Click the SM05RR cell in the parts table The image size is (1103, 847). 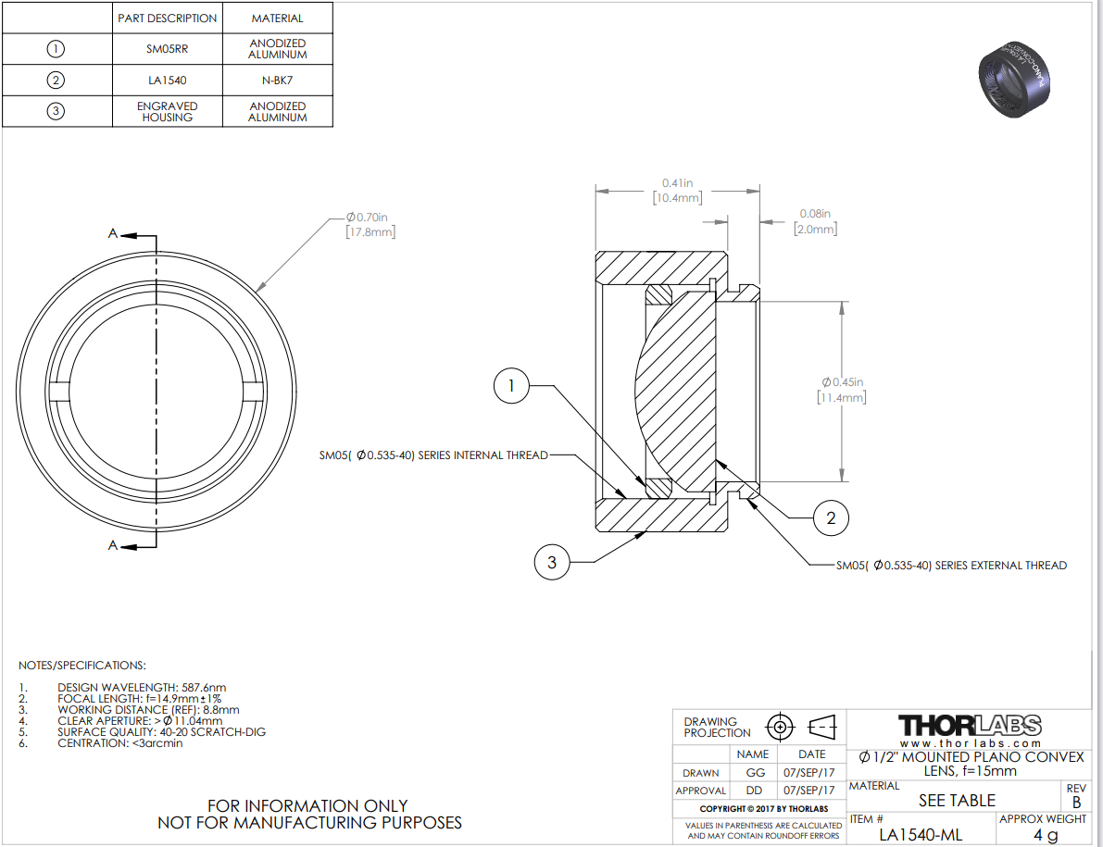pos(168,49)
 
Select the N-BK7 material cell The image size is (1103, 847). pos(277,81)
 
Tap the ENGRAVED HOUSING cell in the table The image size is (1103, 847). pos(168,112)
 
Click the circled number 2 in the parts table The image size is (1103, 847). pos(56,81)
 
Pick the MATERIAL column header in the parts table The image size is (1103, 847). pos(277,19)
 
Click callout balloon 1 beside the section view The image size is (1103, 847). pos(511,385)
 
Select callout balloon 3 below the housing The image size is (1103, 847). pos(552,562)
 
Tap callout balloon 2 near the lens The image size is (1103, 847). pos(831,518)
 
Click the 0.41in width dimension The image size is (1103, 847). pos(677,191)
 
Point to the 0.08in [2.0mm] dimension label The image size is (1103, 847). pos(815,221)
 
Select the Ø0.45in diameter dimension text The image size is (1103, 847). pos(842,390)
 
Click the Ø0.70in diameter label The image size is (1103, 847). pos(370,224)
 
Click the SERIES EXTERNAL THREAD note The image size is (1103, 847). pos(951,566)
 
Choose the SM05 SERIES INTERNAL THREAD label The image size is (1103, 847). pos(433,455)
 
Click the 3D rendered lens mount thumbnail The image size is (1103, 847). pos(1013,78)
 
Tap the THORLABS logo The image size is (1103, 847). pos(970,726)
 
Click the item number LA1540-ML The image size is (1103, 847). pos(921,835)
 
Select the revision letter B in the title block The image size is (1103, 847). pos(1076,802)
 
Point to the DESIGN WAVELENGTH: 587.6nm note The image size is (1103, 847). pos(142,688)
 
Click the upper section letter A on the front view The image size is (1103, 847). pos(113,233)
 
